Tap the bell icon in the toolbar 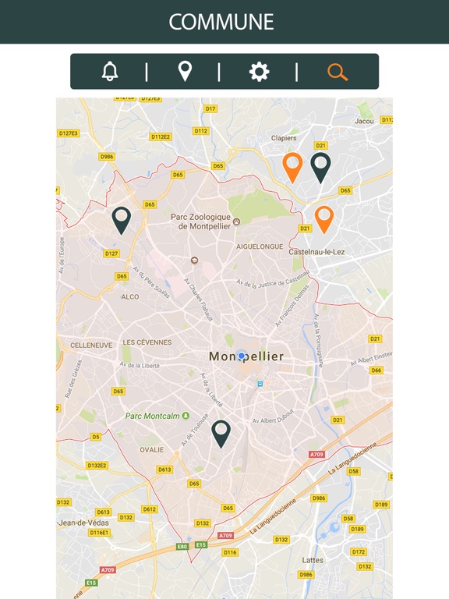tap(110, 72)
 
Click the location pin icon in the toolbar tap(185, 72)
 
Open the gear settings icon tap(259, 72)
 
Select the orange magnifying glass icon tap(337, 72)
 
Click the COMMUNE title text tap(221, 22)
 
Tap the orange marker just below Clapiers tap(292, 166)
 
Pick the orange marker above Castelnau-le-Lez tap(323, 218)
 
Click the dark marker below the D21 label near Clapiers tap(320, 165)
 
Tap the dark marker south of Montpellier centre tap(221, 432)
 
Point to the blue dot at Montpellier tap(242, 356)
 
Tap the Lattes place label tap(313, 560)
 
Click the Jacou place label tap(364, 121)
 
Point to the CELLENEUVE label tap(92, 344)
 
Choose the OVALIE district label tap(151, 449)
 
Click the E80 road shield tap(182, 546)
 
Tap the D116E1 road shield tap(99, 533)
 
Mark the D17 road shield tap(210, 108)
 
